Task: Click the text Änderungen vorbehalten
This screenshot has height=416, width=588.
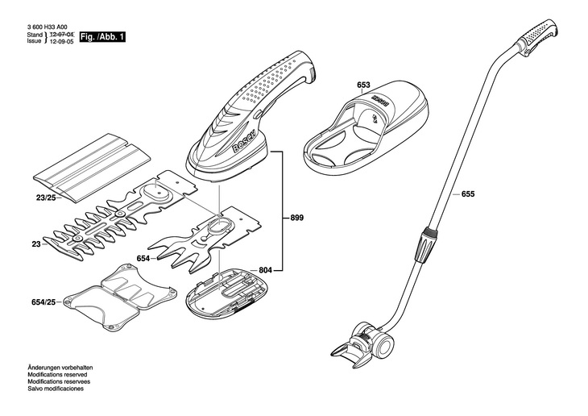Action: tap(55, 368)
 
